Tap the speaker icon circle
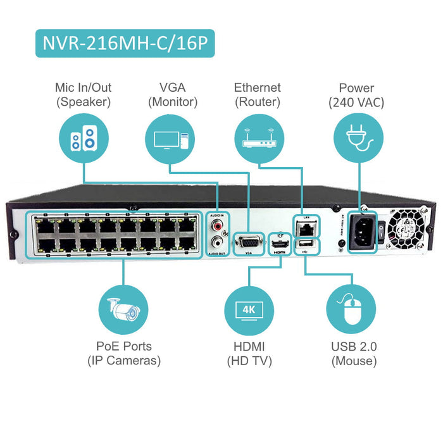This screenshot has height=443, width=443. (82, 139)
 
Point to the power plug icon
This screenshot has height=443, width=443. (356, 139)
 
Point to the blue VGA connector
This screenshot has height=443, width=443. (249, 242)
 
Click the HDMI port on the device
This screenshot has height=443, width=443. (279, 242)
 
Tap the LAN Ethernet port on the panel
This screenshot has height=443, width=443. (306, 226)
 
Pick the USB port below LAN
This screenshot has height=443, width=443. (306, 243)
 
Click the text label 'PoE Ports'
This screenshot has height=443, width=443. (123, 347)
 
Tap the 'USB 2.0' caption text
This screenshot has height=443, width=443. (354, 347)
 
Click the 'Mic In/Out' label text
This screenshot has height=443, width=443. (82, 87)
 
